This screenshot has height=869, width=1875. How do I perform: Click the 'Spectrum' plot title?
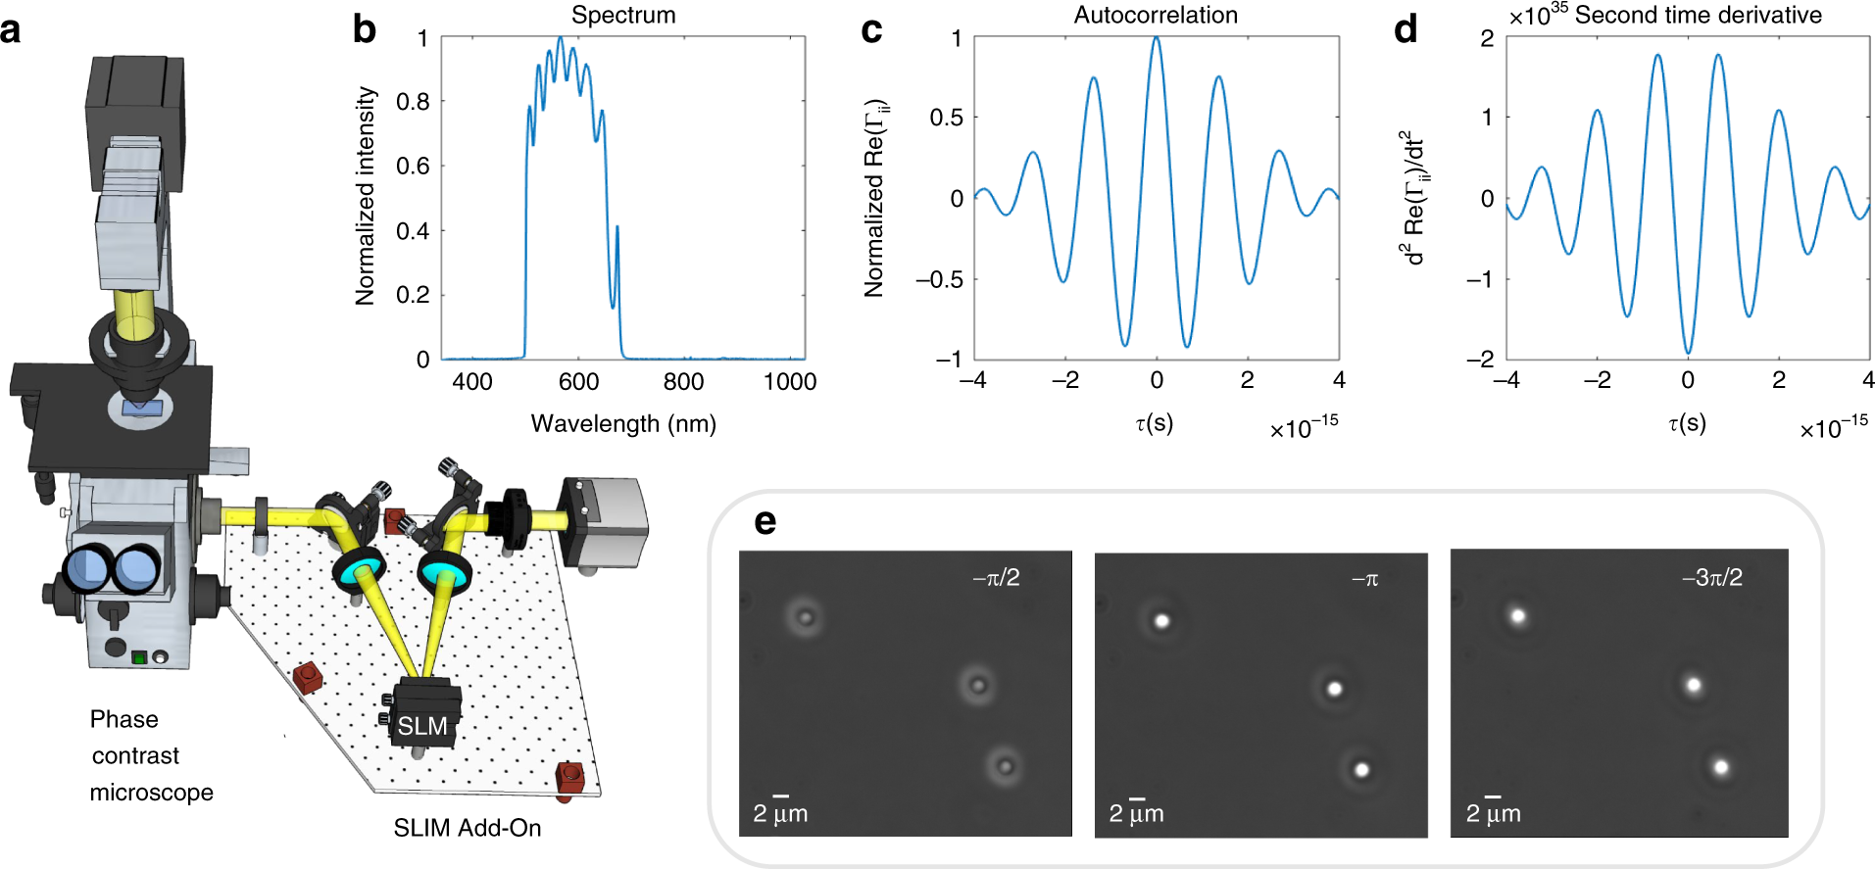click(623, 15)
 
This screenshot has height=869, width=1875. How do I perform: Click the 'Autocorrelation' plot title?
click(1155, 15)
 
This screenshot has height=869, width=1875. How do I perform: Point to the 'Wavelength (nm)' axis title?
click(623, 423)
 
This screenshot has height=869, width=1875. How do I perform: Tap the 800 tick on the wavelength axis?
click(683, 382)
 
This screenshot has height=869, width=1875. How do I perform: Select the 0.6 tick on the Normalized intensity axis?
click(413, 166)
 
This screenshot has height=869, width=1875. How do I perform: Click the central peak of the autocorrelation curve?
click(1157, 39)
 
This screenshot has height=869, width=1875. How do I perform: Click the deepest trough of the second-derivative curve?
click(1688, 351)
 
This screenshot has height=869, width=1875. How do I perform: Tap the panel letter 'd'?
click(1406, 29)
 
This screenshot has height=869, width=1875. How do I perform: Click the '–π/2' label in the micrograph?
click(996, 578)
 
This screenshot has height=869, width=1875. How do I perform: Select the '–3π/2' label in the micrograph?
click(1711, 577)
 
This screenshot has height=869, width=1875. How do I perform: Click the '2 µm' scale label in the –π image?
click(1136, 813)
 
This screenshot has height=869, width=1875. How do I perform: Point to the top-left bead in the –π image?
click(1161, 620)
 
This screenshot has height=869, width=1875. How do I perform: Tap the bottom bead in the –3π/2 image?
click(1720, 766)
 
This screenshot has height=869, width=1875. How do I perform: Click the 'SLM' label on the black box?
click(422, 726)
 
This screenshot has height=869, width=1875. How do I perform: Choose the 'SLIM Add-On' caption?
click(468, 828)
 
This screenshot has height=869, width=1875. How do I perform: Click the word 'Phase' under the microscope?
click(124, 719)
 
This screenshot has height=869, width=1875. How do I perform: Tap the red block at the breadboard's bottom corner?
click(569, 779)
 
